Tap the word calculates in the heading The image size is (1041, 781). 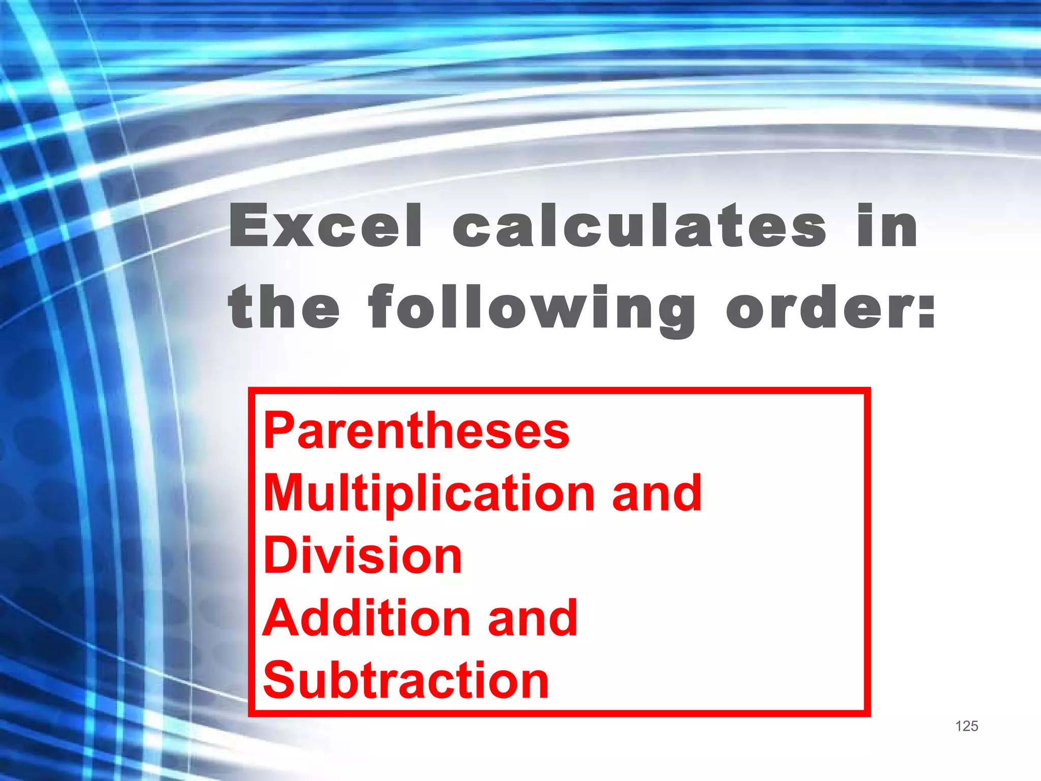click(x=639, y=226)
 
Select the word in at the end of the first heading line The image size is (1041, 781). click(x=887, y=226)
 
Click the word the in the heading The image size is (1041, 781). click(x=284, y=307)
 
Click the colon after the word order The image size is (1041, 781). click(x=927, y=308)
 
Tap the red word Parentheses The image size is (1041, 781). click(x=416, y=431)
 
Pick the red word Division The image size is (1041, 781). click(x=362, y=555)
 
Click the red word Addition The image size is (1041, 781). click(x=367, y=618)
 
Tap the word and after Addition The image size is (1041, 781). click(x=532, y=618)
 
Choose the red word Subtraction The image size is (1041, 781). click(x=406, y=680)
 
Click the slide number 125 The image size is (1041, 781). click(x=966, y=726)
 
